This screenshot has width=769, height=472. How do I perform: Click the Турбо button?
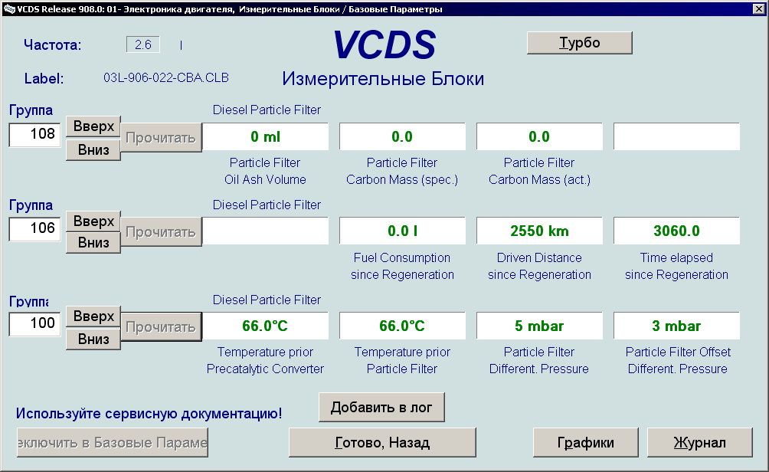tap(579, 43)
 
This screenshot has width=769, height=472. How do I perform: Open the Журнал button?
tap(700, 443)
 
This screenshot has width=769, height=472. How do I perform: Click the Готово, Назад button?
tap(382, 443)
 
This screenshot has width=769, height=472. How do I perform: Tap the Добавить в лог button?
tap(381, 407)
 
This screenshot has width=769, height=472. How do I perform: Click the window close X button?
tap(758, 8)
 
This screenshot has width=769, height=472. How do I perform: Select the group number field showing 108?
tap(34, 134)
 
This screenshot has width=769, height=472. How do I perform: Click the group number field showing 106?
tap(34, 228)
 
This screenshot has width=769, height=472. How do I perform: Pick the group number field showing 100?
tap(34, 324)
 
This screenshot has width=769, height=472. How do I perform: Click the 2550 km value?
tap(539, 231)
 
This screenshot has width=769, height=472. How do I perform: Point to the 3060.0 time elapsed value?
tap(676, 231)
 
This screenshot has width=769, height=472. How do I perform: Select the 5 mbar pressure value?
tap(539, 326)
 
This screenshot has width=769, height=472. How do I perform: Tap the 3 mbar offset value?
tap(676, 326)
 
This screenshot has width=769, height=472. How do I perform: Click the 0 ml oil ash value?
tap(265, 137)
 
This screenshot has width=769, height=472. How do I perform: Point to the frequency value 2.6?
tap(142, 44)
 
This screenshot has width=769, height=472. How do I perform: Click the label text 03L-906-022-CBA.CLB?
tap(165, 78)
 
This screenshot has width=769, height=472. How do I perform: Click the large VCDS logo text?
tap(384, 45)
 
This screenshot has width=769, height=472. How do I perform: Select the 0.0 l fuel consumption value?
tap(402, 231)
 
